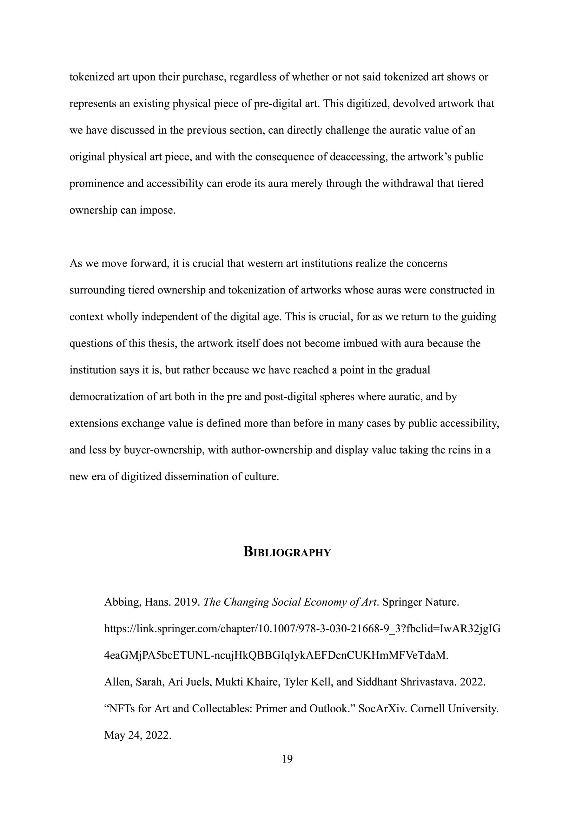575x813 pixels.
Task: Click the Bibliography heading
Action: click(x=287, y=552)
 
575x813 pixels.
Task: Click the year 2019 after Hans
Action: click(x=187, y=602)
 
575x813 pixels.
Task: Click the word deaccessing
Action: click(x=358, y=157)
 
